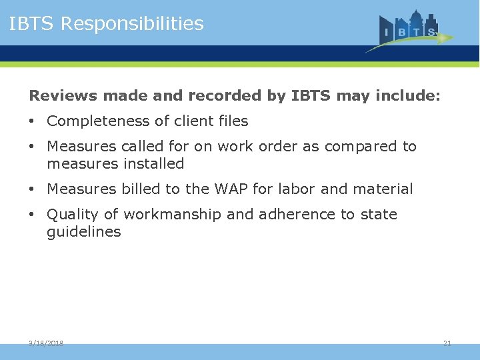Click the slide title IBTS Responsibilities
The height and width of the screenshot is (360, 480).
click(x=106, y=24)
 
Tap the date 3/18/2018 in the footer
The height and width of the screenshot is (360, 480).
click(x=46, y=343)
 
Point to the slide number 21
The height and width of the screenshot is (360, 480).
click(x=447, y=343)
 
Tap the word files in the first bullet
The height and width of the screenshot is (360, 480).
click(x=233, y=121)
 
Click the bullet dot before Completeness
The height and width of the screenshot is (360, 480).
click(x=32, y=121)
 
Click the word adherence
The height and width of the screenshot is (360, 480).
click(x=279, y=215)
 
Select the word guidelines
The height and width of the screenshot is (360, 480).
click(x=84, y=232)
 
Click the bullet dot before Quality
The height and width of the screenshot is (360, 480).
click(x=32, y=215)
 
